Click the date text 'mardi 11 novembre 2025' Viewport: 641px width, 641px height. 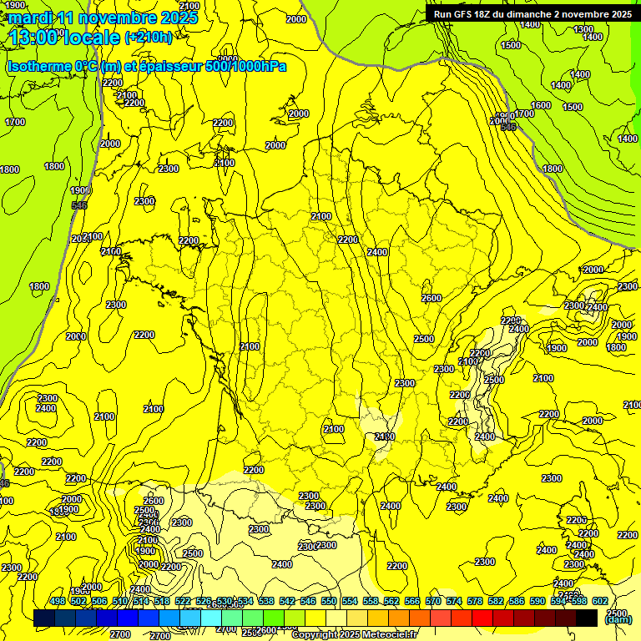tap(103, 17)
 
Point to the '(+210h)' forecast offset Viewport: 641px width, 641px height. tap(148, 37)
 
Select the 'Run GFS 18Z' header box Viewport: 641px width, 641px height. tap(532, 13)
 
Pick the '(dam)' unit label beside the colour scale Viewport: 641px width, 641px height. tap(618, 619)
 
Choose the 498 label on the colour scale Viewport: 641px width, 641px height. tap(58, 601)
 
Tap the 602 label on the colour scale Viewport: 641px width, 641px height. tap(599, 601)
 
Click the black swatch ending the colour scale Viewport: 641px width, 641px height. tap(586, 618)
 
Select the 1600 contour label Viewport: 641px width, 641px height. tap(541, 105)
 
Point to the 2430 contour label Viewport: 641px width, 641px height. tap(385, 437)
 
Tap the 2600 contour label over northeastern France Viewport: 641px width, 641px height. tap(431, 298)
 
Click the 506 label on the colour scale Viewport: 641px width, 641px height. tap(99, 601)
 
